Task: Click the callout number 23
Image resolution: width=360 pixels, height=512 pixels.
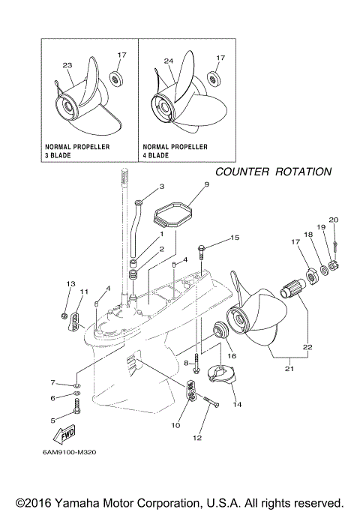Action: click(67, 65)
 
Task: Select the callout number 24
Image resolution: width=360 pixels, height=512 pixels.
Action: click(168, 62)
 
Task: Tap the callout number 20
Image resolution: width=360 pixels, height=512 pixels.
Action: click(334, 220)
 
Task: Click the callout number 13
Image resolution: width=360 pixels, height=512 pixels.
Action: click(71, 284)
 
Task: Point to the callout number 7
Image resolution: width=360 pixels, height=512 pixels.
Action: click(53, 383)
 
